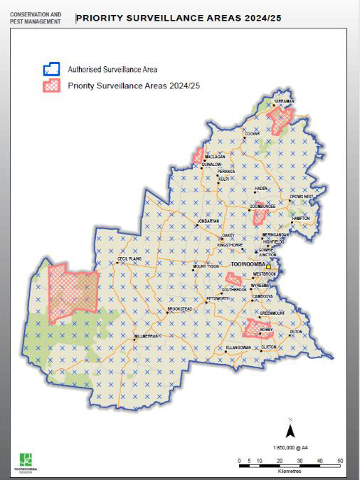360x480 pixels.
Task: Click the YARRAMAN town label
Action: [x=284, y=101]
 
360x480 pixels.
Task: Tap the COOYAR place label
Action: [x=252, y=133]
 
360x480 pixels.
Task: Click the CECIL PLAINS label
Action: [x=132, y=261]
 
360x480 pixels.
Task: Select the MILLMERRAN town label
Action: [x=148, y=335]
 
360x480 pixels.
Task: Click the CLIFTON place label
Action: [x=268, y=347]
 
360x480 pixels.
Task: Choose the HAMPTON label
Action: [x=300, y=218]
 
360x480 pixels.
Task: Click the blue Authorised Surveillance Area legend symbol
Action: [x=51, y=69]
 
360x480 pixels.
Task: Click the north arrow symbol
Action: [x=290, y=430]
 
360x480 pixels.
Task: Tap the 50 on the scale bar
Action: [x=340, y=461]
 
